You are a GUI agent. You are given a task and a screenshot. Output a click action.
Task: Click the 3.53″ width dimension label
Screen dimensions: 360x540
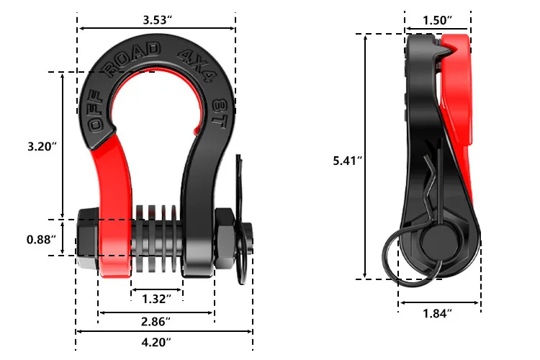(157, 19)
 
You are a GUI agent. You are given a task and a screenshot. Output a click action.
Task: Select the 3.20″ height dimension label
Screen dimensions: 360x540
(42, 146)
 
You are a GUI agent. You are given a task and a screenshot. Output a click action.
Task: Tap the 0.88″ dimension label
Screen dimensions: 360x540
(42, 239)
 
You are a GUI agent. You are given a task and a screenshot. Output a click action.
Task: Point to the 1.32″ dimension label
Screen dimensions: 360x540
(157, 298)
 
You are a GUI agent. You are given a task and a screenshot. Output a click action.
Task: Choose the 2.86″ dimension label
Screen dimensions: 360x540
(157, 320)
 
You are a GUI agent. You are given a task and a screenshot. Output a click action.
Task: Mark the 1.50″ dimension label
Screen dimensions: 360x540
(438, 19)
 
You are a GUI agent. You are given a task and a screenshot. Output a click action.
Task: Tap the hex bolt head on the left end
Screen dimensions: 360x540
(86, 238)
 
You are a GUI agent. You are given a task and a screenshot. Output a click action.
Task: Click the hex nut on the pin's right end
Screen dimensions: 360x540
(225, 238)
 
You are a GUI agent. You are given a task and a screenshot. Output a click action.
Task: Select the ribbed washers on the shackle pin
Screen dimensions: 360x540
(157, 238)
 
